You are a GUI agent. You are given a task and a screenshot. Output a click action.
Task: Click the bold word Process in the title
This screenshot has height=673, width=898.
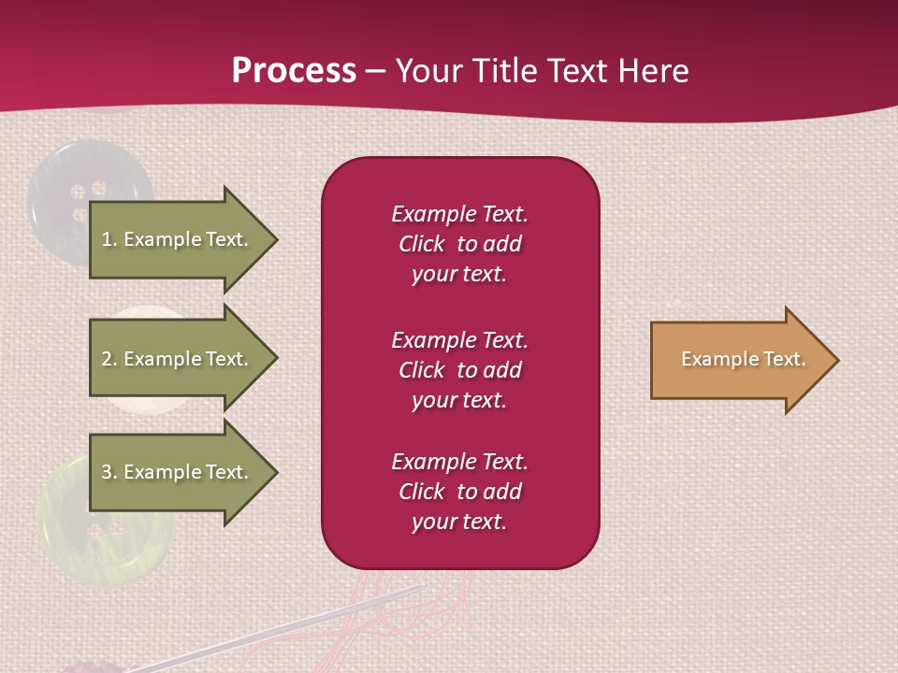294,71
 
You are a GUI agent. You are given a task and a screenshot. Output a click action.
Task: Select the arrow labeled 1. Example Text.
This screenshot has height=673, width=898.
178,239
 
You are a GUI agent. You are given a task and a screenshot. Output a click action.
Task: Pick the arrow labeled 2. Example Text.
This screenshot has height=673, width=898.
178,359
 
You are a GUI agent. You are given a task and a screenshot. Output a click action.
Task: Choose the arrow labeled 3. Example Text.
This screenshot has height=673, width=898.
178,472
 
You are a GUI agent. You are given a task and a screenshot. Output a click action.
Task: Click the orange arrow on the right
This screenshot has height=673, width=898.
739,359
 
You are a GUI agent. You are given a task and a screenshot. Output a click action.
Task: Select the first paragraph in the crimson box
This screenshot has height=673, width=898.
459,244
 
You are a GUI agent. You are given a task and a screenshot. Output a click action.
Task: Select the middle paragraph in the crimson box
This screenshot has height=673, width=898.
459,370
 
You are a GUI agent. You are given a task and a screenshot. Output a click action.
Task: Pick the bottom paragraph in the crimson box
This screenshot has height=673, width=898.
459,492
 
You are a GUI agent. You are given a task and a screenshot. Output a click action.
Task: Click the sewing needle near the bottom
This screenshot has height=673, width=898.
281,626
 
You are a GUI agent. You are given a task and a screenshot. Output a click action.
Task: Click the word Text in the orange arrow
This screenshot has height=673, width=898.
784,359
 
